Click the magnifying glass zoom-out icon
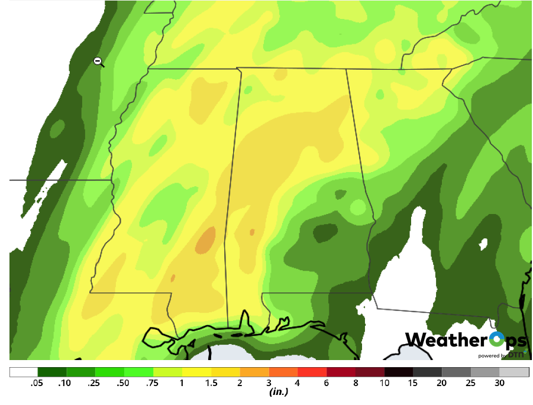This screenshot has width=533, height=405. coord(98,61)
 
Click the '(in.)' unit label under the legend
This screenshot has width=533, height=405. coord(278,392)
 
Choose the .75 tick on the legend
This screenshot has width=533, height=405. coord(153,383)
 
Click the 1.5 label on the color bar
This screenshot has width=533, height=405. coord(211,383)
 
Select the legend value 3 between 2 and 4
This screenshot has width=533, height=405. coord(269,383)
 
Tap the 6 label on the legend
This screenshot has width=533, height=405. coord(327,383)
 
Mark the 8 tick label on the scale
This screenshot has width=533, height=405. coord(356,383)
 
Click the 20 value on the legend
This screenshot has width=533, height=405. coord(442,383)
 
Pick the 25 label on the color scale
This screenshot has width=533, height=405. coord(471,383)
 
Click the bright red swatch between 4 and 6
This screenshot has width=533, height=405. coord(312,372)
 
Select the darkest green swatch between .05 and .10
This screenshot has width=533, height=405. coord(52,372)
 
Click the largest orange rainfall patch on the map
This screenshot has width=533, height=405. coord(206,241)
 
